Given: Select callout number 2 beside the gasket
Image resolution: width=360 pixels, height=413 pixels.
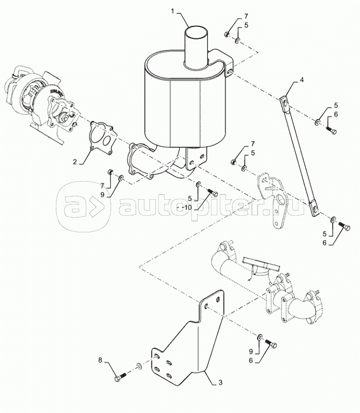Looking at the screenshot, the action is click(x=75, y=162).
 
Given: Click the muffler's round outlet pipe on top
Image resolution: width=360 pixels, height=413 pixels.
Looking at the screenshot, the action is click(x=196, y=41).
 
